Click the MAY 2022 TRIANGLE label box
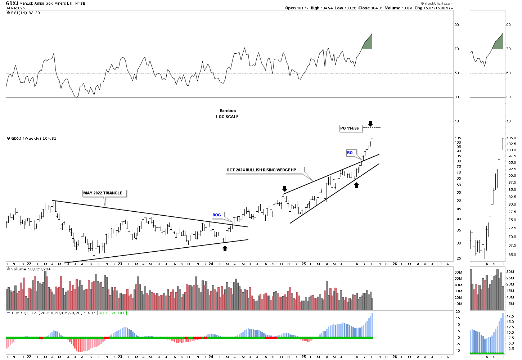[103, 193]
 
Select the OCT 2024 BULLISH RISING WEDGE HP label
[261, 170]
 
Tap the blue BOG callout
[217, 215]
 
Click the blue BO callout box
[350, 153]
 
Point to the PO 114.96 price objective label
[350, 128]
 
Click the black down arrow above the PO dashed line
[370, 123]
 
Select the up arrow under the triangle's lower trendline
[225, 248]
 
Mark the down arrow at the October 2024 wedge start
[285, 189]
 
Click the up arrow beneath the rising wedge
[356, 185]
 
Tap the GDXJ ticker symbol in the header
[12, 3]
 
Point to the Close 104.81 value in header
[373, 8]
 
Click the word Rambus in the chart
[228, 111]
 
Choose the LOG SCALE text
[227, 117]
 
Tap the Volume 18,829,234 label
[31, 269]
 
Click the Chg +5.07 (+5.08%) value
[434, 8]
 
